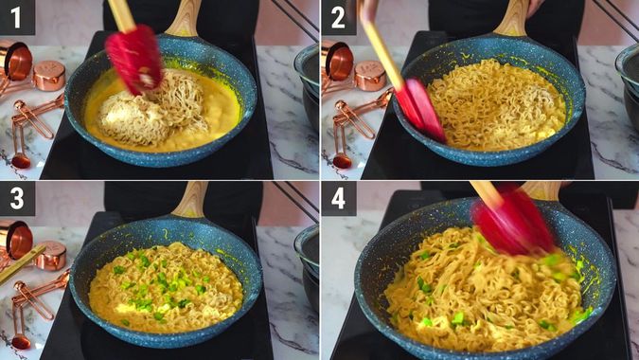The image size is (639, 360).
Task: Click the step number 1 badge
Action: (x=17, y=17)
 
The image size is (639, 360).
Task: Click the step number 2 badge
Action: (x=338, y=17)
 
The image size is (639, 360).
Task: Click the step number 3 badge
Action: (x=17, y=198)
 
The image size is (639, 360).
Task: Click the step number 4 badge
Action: (x=338, y=198)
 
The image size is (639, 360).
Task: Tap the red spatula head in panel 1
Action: (x=134, y=59)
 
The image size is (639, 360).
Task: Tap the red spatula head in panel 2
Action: (x=420, y=108)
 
